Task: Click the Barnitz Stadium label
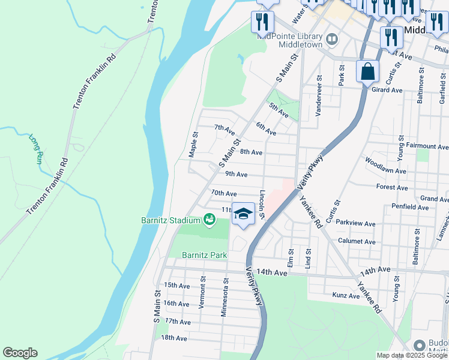point(171,220)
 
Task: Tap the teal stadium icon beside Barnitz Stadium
point(209,220)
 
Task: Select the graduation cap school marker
point(243,214)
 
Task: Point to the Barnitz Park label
point(205,255)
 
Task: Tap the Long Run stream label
point(35,149)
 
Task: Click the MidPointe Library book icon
point(332,40)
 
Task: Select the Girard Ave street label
point(387,90)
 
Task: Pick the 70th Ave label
point(224,193)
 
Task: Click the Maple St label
point(193,145)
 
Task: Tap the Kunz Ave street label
point(346,295)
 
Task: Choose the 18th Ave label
point(174,338)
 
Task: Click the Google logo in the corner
point(20,353)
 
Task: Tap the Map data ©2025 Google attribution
point(412,355)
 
